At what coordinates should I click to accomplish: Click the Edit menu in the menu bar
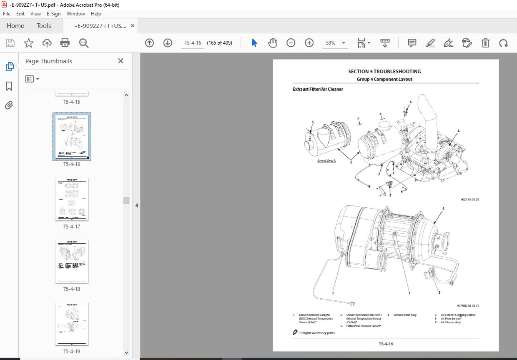[20, 14]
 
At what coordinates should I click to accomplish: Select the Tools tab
[44, 26]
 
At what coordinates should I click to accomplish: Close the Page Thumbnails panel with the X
[120, 61]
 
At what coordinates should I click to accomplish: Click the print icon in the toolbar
[65, 43]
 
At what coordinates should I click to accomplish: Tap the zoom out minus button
[291, 43]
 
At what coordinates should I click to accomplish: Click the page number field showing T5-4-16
[193, 43]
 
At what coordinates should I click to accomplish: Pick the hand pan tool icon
[273, 43]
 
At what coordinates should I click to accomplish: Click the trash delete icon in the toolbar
[485, 43]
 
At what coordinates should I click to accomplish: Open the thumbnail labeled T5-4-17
[72, 199]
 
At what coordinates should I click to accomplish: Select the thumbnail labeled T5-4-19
[72, 324]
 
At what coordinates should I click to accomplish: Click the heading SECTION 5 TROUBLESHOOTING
[384, 72]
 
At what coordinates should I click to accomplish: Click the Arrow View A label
[326, 161]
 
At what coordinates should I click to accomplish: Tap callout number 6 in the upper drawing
[410, 102]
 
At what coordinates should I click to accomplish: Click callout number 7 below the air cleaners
[351, 163]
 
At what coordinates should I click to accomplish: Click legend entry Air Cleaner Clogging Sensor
[458, 315]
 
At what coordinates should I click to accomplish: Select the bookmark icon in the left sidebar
[9, 86]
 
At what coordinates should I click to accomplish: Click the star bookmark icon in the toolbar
[28, 43]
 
